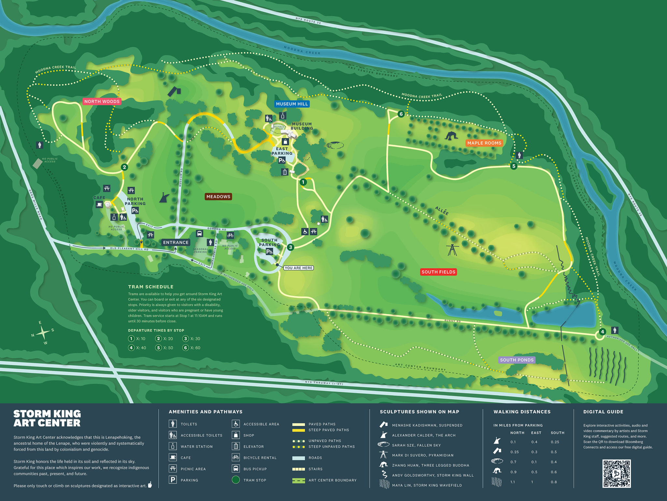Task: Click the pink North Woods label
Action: point(102,102)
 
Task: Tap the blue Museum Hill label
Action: point(291,104)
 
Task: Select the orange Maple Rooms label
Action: point(484,143)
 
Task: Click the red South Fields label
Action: point(438,272)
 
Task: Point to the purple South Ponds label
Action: point(517,360)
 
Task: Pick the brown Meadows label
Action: point(218,197)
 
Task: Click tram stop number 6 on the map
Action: point(401,114)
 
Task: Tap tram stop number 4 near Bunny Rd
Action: point(602,332)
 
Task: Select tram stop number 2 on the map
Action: point(124,167)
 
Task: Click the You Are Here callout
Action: point(298,268)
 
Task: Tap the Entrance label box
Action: point(176,243)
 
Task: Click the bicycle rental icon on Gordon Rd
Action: point(230,235)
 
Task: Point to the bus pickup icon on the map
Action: point(199,233)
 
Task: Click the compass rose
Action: point(43,333)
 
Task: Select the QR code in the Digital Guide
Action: point(616,473)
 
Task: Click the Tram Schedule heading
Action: point(151,287)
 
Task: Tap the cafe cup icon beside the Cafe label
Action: point(99,204)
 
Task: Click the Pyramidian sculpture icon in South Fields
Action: point(452,250)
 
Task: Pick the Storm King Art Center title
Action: point(47,418)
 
